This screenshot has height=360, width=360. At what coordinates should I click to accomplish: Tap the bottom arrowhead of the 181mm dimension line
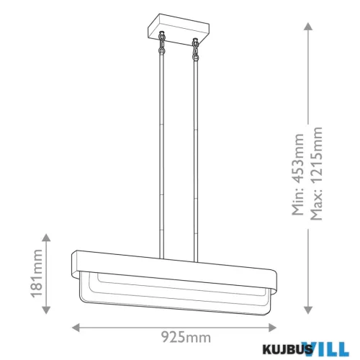(48, 311)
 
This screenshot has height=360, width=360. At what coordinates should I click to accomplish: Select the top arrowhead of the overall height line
(308, 27)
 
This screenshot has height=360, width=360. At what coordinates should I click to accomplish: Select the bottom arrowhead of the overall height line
(308, 311)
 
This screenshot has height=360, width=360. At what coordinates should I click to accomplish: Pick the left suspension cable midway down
(159, 151)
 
